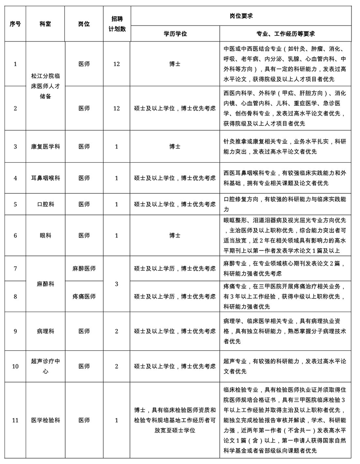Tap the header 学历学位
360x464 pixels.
point(175,33)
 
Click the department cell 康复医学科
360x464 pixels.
point(45,147)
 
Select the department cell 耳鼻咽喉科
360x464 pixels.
point(45,178)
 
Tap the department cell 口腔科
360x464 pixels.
point(45,204)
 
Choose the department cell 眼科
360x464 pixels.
point(45,235)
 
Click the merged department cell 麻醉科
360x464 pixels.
point(45,284)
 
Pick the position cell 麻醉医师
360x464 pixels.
point(84,269)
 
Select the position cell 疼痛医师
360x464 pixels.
point(84,297)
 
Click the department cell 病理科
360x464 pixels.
point(45,331)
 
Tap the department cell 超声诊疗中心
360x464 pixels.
point(45,366)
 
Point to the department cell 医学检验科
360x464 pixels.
point(45,420)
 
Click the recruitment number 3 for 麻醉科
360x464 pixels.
point(116,284)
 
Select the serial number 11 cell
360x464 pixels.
point(15,420)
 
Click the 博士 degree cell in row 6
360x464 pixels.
point(175,235)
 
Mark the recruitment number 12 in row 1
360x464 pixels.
point(116,64)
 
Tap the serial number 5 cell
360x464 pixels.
point(15,204)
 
